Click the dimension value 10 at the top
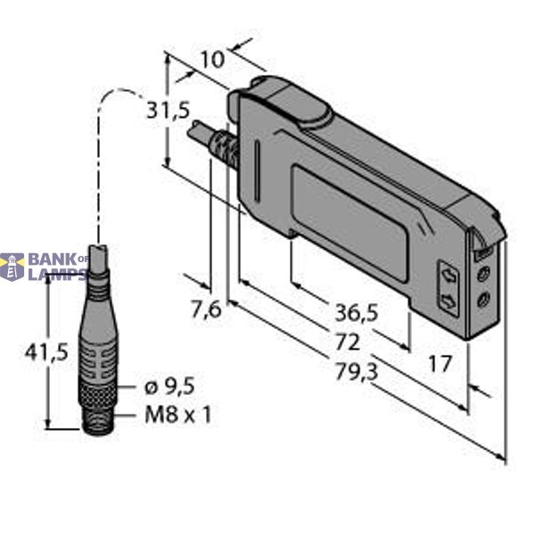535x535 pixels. (x=211, y=60)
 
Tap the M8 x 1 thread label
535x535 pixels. (x=177, y=415)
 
